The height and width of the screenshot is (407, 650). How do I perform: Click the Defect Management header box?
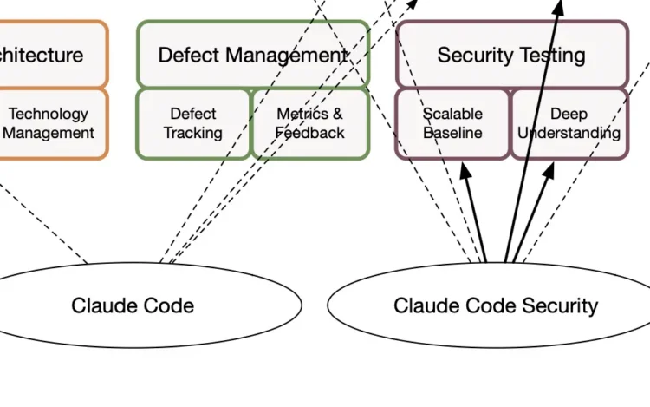pyautogui.click(x=252, y=55)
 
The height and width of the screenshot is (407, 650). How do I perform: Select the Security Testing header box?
pyautogui.click(x=511, y=55)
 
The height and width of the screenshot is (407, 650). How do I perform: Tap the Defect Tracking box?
pyautogui.click(x=193, y=123)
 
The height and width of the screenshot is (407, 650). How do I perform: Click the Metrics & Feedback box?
pyautogui.click(x=309, y=123)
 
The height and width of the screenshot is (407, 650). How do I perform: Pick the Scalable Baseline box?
pyautogui.click(x=452, y=123)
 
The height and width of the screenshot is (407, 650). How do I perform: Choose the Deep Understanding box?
pyautogui.click(x=569, y=123)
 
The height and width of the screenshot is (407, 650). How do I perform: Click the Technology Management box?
pyautogui.click(x=50, y=123)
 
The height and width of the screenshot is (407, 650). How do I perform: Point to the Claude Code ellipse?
pyautogui.click(x=133, y=305)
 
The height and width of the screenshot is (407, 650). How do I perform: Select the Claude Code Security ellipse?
pyautogui.click(x=496, y=305)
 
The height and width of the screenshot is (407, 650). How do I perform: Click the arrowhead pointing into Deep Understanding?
pyautogui.click(x=549, y=171)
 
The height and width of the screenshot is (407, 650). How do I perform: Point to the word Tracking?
pyautogui.click(x=193, y=134)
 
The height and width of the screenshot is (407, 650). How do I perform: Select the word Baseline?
pyautogui.click(x=452, y=134)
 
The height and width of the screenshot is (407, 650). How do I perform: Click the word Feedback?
pyautogui.click(x=309, y=134)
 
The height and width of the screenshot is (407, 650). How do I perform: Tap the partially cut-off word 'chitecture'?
pyautogui.click(x=42, y=56)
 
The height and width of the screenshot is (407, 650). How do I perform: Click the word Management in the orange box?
pyautogui.click(x=51, y=134)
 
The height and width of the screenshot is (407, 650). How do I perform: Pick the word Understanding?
pyautogui.click(x=569, y=134)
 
